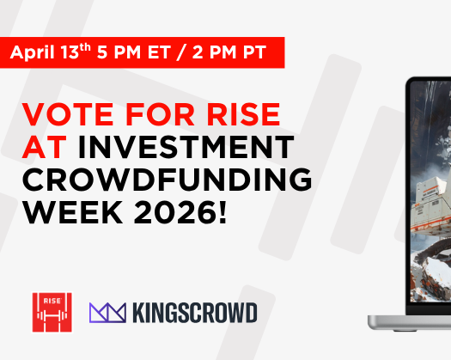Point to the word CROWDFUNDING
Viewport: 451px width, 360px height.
[165, 180]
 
